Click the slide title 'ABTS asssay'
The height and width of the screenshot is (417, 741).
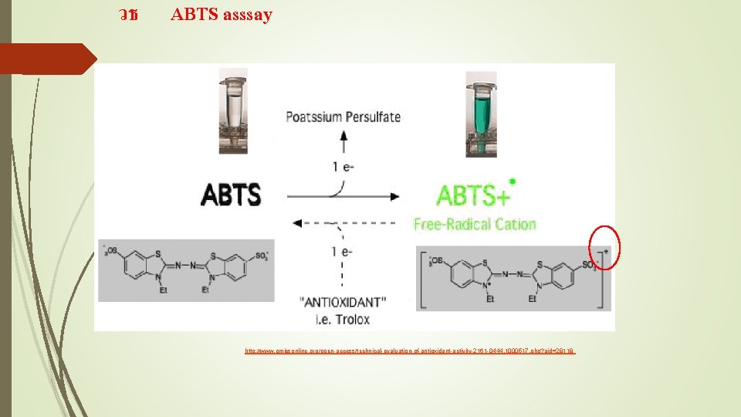[222, 15]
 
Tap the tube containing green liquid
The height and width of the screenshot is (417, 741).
[479, 112]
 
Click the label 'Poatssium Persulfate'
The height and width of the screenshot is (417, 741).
[343, 117]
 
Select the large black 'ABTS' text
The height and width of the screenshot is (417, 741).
[231, 195]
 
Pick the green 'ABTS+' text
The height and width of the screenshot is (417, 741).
[473, 195]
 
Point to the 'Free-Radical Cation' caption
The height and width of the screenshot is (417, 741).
[475, 225]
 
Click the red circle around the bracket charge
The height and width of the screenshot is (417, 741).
[604, 248]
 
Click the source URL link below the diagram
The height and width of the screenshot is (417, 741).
[410, 351]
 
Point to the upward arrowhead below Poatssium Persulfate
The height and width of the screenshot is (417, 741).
[344, 134]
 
